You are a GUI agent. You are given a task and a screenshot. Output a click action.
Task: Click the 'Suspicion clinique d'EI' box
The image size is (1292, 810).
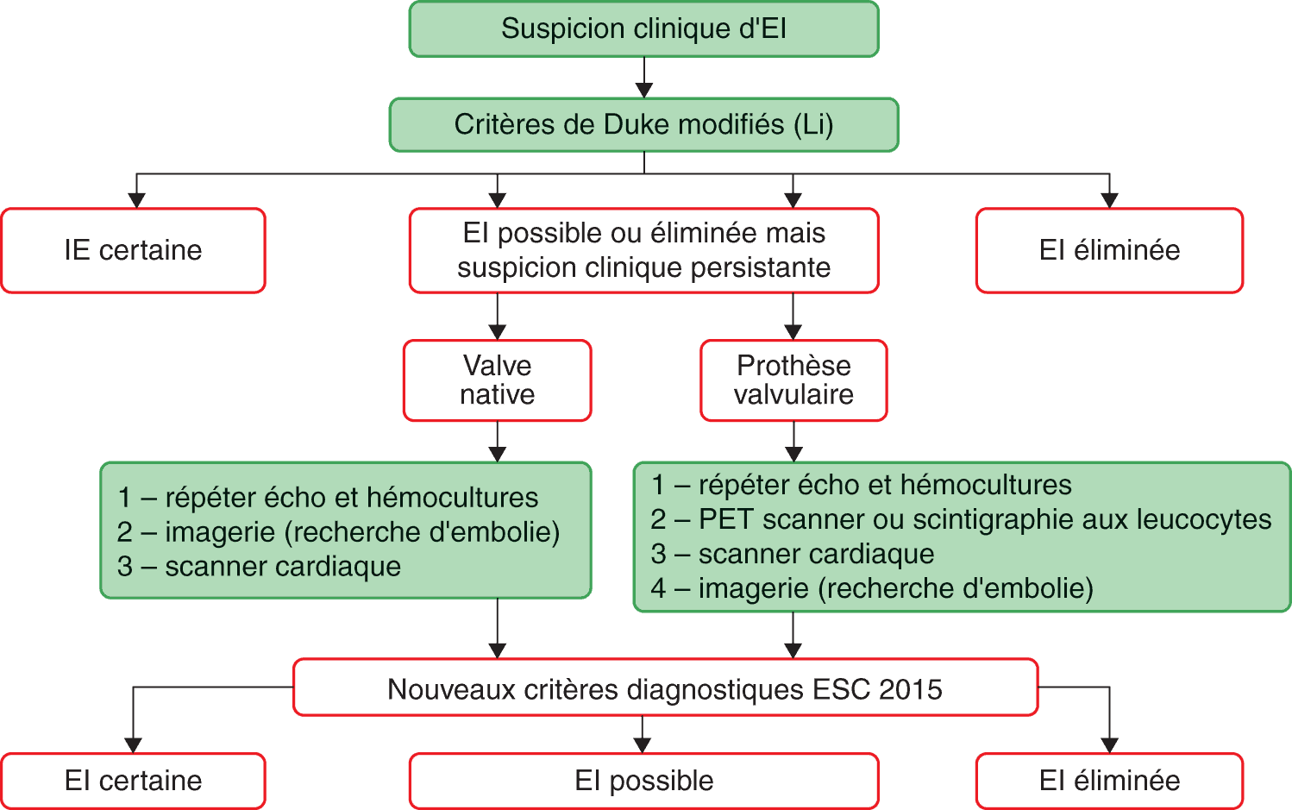point(643,29)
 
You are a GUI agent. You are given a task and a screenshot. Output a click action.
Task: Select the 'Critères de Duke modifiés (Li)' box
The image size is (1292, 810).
point(643,125)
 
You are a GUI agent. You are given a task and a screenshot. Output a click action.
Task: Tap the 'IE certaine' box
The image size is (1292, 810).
point(133,250)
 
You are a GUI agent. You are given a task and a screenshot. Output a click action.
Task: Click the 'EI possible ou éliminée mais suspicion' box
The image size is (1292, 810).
point(643,250)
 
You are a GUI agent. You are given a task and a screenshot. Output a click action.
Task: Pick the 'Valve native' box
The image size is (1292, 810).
point(497,380)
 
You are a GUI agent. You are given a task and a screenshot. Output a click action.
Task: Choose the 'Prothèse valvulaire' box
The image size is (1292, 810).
point(793,380)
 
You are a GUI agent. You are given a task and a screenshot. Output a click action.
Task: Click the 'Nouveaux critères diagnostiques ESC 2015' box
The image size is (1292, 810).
point(665,689)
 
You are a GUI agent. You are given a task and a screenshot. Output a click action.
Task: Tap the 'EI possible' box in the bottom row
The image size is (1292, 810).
point(643,781)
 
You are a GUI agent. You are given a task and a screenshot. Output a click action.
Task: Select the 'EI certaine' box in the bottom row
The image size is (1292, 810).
point(133,781)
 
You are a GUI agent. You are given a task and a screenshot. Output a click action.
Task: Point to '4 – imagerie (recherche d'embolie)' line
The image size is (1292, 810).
point(872,588)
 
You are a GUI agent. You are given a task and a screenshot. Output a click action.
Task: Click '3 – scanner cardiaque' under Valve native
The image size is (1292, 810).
point(259,567)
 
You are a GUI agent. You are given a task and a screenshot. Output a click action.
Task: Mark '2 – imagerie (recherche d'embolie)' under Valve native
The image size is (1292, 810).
point(338,532)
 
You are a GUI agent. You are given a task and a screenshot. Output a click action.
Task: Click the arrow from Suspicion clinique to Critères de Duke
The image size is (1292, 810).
point(644,78)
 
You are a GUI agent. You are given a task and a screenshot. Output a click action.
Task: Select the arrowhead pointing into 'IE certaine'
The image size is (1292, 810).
point(136,199)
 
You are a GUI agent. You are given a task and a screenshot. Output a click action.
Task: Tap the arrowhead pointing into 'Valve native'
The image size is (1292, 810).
point(498,331)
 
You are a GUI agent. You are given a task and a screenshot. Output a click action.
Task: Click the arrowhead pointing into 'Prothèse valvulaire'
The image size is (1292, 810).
point(793,331)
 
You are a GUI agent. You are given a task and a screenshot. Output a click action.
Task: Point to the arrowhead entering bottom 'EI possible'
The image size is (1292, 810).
point(643,744)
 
